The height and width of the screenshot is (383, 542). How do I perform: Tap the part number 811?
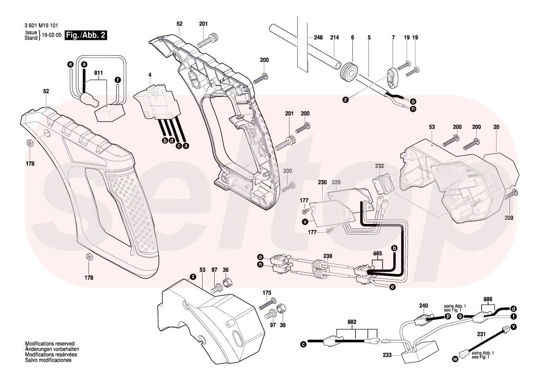(98, 73)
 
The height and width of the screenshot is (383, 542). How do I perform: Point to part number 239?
(328, 256)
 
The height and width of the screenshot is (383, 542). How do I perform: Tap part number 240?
(424, 306)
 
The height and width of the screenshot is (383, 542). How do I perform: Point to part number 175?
(267, 293)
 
